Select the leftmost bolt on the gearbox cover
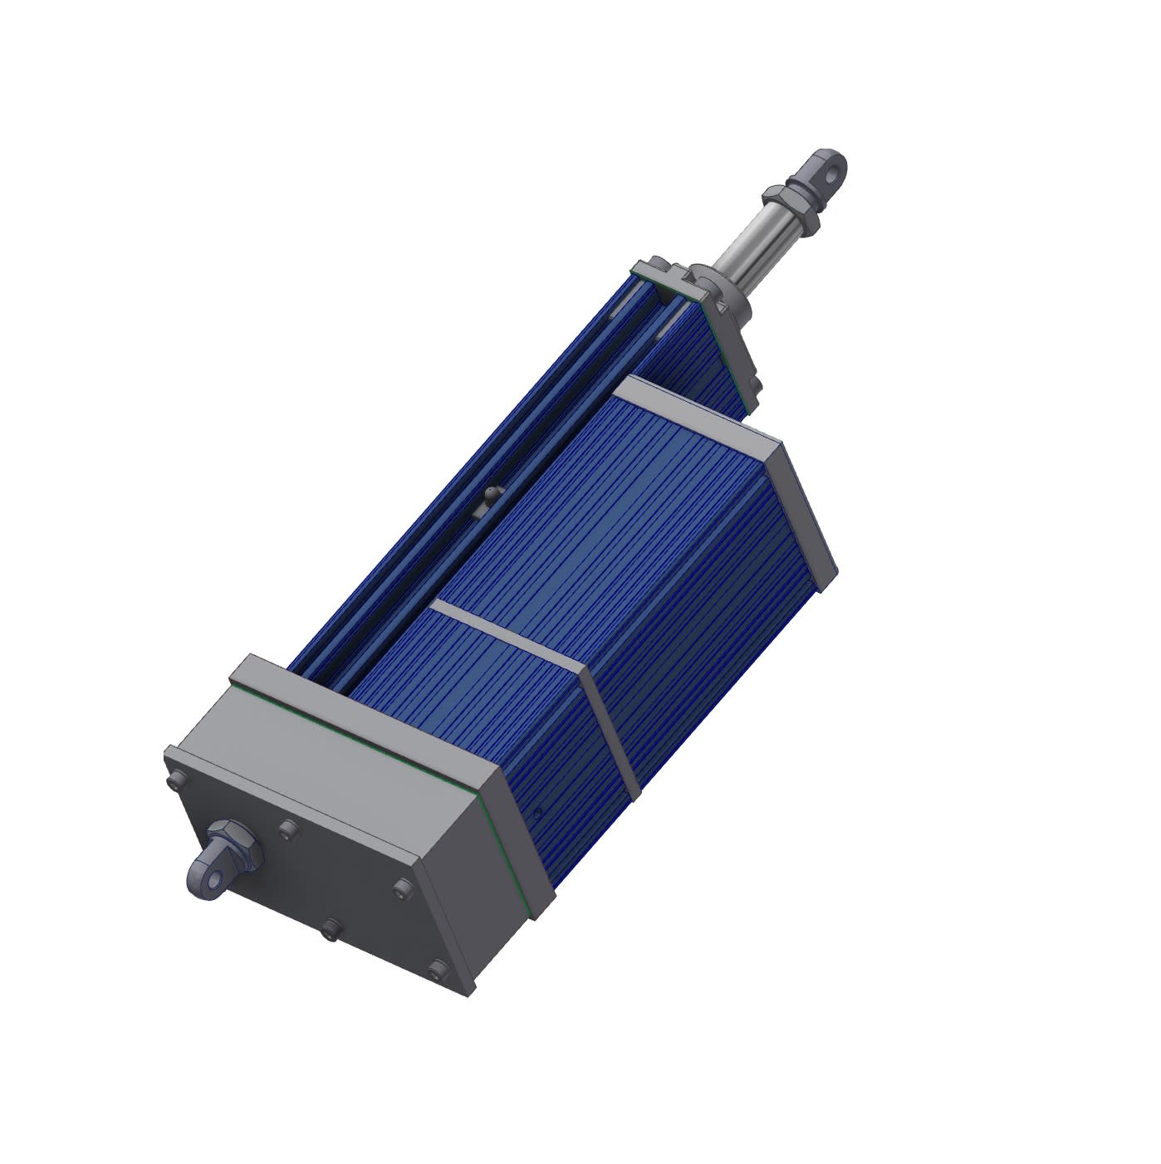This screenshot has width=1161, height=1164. click(175, 780)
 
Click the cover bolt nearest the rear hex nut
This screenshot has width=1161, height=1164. click(287, 828)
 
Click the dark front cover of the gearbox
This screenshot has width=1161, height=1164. click(332, 880)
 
